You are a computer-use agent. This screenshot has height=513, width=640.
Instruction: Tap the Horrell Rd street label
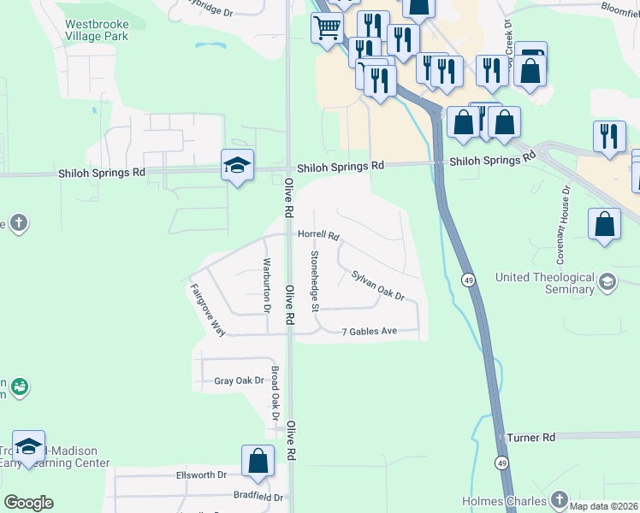click(x=319, y=235)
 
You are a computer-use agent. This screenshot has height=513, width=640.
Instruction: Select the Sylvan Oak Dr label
click(x=377, y=285)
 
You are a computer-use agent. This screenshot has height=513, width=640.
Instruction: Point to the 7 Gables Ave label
click(x=370, y=332)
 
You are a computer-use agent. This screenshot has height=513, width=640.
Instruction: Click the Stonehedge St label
click(x=315, y=281)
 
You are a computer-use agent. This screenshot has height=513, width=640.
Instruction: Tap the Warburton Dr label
click(x=267, y=284)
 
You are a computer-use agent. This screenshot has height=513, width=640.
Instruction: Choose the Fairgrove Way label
click(x=207, y=310)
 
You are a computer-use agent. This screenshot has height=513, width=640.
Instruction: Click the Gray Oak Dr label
click(x=239, y=380)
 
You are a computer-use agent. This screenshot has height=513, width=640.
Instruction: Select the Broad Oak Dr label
click(x=276, y=398)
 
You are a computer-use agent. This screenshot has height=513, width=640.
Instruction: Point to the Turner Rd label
click(x=530, y=437)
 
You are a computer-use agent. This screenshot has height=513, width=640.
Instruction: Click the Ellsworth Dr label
click(x=201, y=475)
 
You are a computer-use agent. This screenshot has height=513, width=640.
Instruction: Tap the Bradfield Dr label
click(x=258, y=495)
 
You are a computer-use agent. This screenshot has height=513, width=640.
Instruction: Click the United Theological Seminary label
click(x=545, y=283)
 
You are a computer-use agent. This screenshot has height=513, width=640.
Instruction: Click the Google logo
click(x=28, y=503)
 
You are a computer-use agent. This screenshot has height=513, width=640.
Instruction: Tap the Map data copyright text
click(x=603, y=506)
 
